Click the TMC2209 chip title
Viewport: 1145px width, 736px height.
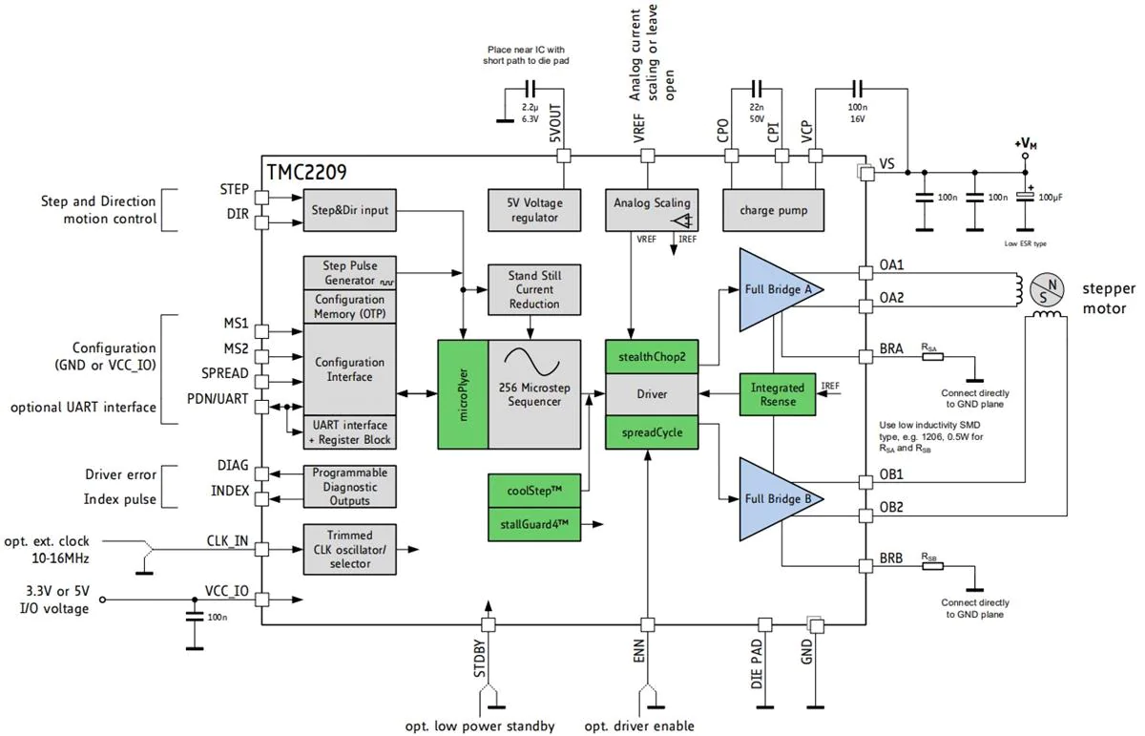point(306,173)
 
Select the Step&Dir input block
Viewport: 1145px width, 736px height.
point(350,210)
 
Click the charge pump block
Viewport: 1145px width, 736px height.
point(772,210)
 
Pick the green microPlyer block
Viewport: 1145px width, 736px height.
point(462,393)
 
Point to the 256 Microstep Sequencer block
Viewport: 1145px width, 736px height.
point(534,393)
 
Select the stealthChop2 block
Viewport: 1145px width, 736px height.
point(652,357)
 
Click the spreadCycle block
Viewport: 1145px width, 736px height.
point(652,431)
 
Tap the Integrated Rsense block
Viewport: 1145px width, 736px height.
point(778,394)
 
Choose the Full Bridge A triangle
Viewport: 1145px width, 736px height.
point(776,288)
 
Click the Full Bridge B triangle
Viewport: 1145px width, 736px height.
point(776,498)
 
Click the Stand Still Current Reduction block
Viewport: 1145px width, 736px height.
point(534,289)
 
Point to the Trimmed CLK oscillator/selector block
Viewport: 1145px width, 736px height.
point(349,549)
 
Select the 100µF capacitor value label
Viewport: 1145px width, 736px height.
point(1050,197)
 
